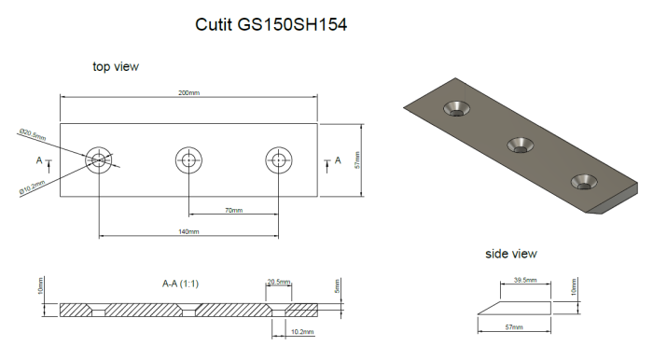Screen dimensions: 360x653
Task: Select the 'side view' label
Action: (x=510, y=254)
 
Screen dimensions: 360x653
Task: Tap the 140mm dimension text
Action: (x=188, y=231)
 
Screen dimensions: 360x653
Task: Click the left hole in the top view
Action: (x=99, y=160)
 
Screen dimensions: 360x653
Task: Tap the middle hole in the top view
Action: (x=189, y=160)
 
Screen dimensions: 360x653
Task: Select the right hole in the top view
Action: (x=278, y=160)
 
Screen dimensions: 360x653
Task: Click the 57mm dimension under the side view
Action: (x=513, y=328)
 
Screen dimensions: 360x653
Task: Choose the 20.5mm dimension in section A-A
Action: (x=278, y=281)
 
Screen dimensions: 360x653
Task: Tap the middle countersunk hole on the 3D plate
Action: (x=519, y=143)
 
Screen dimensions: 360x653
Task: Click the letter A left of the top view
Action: (x=38, y=160)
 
